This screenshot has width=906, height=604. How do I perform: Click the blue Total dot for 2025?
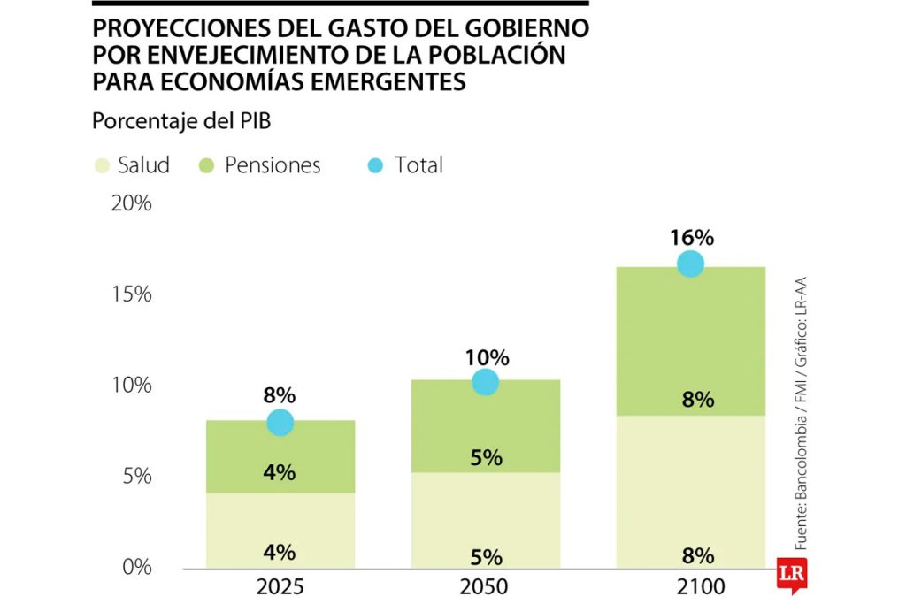coord(280,423)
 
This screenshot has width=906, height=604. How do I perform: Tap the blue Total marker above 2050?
coord(486,382)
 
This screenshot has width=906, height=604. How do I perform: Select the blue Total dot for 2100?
coord(690,264)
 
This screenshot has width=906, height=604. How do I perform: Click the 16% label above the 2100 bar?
coord(691,237)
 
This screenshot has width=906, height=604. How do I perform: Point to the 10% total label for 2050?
coord(487,357)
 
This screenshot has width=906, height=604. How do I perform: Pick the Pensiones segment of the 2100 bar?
coord(691,340)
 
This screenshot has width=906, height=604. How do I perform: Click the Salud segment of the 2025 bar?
coord(280,530)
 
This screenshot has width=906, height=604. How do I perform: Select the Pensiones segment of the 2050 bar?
coord(486,425)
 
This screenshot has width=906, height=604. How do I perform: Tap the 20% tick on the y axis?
coord(132,203)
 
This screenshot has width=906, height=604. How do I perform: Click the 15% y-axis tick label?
coord(132,294)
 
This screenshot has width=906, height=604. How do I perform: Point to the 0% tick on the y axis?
coord(136,566)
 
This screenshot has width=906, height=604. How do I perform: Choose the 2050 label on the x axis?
coord(486,587)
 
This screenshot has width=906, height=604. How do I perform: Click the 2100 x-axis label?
coord(691,587)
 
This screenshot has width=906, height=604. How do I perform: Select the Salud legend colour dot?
coord(103,165)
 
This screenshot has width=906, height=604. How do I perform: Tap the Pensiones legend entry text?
coord(273,165)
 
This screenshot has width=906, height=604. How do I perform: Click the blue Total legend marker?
coord(375,165)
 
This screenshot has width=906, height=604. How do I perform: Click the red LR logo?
coord(789,571)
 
